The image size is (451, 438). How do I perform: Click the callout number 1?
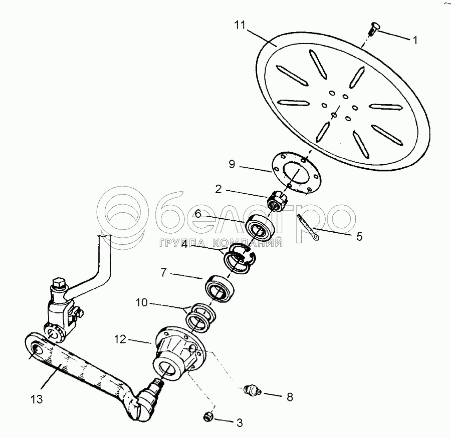pos(414,40)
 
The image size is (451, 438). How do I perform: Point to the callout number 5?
pos(359,236)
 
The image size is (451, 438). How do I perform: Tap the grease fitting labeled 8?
pos(253,390)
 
